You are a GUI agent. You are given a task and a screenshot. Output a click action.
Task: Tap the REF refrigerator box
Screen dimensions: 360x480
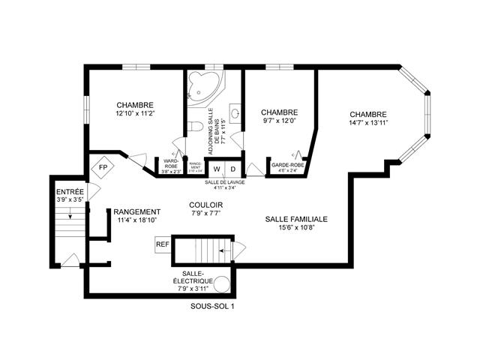click(162, 244)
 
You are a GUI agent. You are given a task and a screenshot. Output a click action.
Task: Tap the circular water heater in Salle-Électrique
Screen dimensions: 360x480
click(221, 283)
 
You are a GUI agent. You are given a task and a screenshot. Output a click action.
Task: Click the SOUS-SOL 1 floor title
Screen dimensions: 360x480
click(213, 305)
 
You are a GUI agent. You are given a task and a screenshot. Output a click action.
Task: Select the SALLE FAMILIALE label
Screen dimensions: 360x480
click(296, 219)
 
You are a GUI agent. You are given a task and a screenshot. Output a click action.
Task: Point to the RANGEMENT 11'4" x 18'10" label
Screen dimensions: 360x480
click(138, 216)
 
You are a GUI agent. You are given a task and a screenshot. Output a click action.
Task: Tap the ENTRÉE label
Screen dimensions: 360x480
click(70, 192)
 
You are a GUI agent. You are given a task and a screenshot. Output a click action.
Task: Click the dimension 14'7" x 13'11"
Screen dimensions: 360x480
click(367, 123)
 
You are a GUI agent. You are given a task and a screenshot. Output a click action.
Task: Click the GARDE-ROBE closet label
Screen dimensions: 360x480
click(286, 164)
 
